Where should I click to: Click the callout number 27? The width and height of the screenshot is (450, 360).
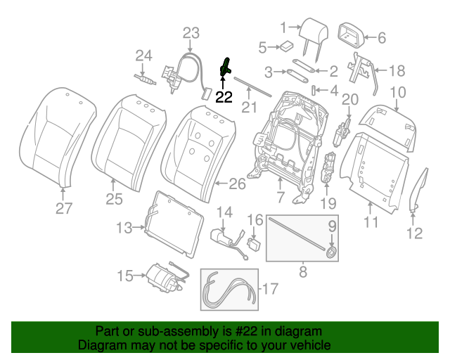64,207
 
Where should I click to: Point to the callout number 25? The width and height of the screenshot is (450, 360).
115,200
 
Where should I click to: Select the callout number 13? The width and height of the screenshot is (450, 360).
124,227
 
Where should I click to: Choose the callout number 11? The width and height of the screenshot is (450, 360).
370,222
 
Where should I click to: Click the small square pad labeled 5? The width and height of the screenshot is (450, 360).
286,46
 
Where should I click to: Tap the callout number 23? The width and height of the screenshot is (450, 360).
191,33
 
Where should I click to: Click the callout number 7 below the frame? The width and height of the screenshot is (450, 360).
280,199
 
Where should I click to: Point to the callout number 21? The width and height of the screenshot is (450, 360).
246,107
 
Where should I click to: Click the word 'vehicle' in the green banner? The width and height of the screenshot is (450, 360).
305,346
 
